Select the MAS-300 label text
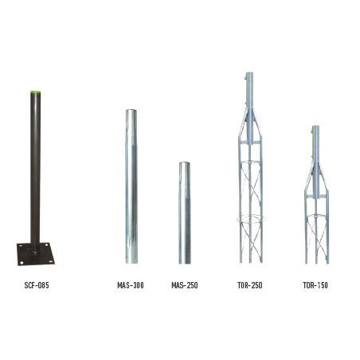[131, 284]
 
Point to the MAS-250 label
[184, 284]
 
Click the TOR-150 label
[315, 284]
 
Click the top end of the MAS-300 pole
[131, 112]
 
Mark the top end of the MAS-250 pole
[184, 164]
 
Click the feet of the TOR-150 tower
[315, 261]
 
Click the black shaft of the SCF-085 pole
[34, 167]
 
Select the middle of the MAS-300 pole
[131, 187]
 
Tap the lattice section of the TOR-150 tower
[315, 227]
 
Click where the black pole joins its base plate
[34, 245]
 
